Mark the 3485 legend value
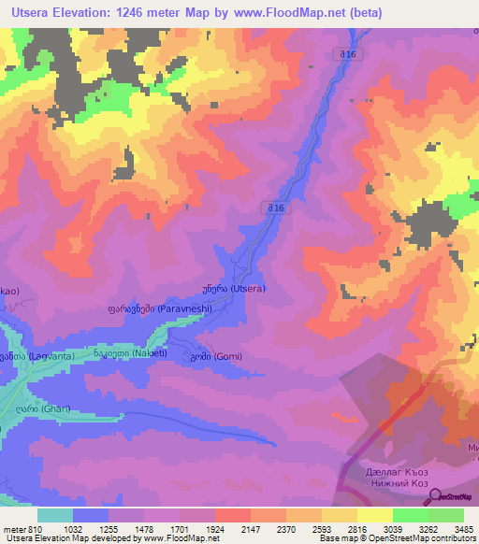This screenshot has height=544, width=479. point(464,529)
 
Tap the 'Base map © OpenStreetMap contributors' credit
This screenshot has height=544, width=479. point(397,539)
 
